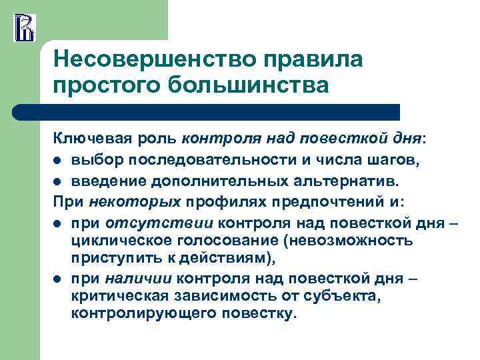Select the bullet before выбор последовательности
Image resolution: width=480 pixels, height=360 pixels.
click(x=58, y=159)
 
